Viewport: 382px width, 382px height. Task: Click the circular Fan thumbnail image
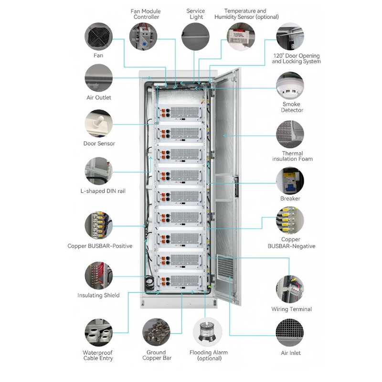[x=98, y=36]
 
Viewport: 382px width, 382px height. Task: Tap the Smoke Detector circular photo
[x=290, y=86]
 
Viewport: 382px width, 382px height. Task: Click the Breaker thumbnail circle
[x=290, y=181]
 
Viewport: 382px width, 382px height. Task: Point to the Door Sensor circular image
[x=98, y=124]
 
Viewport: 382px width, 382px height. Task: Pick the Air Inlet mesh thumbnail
[x=290, y=333]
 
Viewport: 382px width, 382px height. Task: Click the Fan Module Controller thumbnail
[x=143, y=36]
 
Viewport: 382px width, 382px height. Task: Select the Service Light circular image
[x=195, y=37]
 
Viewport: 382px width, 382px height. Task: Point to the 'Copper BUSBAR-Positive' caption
[x=100, y=246]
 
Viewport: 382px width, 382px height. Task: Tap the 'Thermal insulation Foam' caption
[x=292, y=156]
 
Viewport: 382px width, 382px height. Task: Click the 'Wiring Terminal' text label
[x=292, y=309]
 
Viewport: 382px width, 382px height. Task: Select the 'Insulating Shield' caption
[x=98, y=296]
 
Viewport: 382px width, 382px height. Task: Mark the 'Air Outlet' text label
[x=98, y=97]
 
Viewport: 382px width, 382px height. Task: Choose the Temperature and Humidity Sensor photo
[x=241, y=37]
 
